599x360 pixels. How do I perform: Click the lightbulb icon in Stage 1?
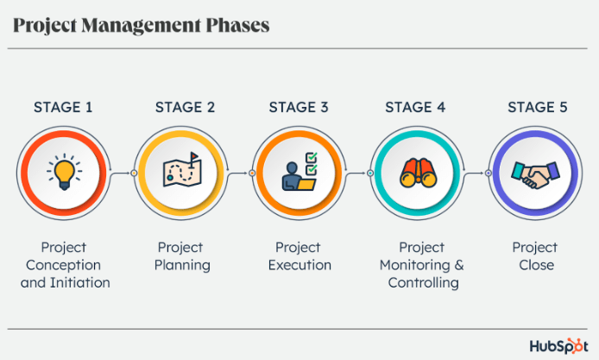[64, 172]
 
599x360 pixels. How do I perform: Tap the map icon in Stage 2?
[182, 171]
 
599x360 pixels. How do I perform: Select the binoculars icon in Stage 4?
[419, 174]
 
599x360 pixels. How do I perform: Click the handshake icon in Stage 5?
[536, 175]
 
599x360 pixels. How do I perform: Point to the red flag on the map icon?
[194, 156]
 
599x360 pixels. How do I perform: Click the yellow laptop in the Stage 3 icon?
[306, 185]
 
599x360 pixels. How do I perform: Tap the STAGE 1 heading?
[63, 107]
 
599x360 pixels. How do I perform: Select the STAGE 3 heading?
[299, 107]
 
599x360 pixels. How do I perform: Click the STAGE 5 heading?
[538, 107]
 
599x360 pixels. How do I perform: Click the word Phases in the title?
[238, 25]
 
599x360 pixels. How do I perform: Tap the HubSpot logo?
[558, 346]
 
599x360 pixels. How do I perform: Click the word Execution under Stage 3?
[299, 265]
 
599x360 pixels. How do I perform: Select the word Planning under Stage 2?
[182, 266]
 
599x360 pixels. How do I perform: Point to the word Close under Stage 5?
[536, 265]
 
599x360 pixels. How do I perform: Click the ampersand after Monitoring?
[459, 265]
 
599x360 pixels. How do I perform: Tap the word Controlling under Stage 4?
[423, 283]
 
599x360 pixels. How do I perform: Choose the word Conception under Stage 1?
[63, 266]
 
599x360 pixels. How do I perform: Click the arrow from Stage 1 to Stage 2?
[120, 174]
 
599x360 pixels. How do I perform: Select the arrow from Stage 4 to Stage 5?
[474, 174]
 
